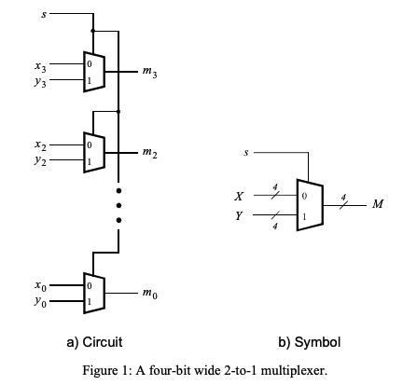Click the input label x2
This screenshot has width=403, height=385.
39,145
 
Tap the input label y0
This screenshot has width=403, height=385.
39,299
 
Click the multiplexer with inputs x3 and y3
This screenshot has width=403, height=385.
93,71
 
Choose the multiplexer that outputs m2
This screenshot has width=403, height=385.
93,154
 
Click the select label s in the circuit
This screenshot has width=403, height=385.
40,15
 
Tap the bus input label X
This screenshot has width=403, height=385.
239,197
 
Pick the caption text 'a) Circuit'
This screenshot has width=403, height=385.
94,341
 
